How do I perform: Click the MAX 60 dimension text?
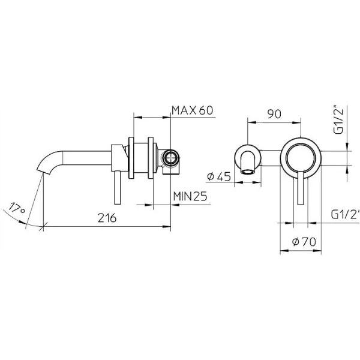193,110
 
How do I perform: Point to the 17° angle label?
17,210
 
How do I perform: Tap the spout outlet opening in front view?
249,173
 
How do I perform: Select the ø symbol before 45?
211,176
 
